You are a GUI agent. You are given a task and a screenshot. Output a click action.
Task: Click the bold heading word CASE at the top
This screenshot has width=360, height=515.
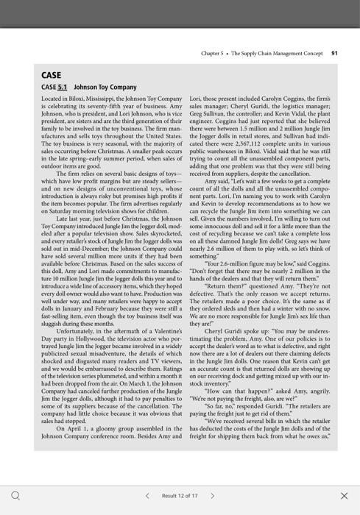coord(52,74)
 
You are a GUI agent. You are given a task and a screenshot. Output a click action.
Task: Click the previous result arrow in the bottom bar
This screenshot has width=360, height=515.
coord(147,496)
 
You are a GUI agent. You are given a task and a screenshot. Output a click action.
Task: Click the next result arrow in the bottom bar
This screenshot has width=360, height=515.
coord(213,496)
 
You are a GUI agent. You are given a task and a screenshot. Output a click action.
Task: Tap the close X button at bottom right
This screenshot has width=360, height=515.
coord(344,496)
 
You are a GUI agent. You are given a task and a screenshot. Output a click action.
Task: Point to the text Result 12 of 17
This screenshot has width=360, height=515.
coord(180,496)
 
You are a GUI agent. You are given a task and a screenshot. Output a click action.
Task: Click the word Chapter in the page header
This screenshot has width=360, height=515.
coord(211,53)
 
